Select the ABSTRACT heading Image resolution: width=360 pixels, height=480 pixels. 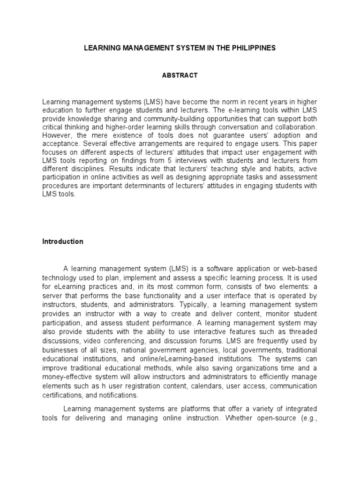180,75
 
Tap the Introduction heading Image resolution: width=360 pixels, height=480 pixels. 63,242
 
